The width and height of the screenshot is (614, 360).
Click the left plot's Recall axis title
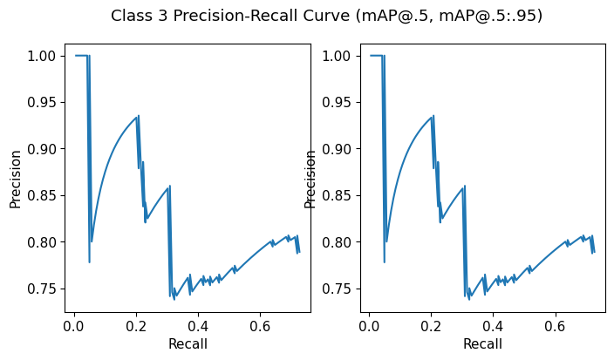[x=188, y=344]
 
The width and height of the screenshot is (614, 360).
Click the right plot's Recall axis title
[x=482, y=344]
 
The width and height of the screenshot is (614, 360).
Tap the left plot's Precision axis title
[x=15, y=179]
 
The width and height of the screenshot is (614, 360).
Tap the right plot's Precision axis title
[x=310, y=179]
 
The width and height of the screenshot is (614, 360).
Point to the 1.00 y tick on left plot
[x=44, y=56]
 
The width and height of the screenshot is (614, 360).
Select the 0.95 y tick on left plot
[x=44, y=102]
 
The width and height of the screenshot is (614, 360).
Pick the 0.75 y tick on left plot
[x=44, y=289]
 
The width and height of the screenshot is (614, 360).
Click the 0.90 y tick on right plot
[x=338, y=149]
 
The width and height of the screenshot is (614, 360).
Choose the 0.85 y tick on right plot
[x=338, y=195]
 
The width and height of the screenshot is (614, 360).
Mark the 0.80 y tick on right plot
[x=338, y=242]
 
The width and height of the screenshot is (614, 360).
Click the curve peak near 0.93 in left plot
[x=138, y=117]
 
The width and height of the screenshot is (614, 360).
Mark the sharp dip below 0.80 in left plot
[x=90, y=262]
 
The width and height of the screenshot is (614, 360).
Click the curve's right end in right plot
[x=594, y=252]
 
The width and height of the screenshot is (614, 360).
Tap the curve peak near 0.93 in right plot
[x=433, y=117]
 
